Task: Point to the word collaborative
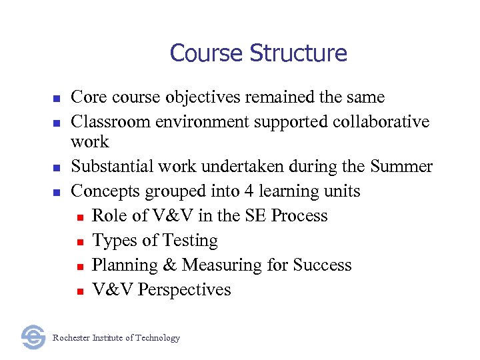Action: tap(382, 122)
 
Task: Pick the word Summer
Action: tap(401, 166)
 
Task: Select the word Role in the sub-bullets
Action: tap(108, 216)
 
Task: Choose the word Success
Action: tap(321, 265)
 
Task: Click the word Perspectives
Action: tap(185, 290)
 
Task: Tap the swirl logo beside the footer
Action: tap(33, 337)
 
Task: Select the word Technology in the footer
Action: tap(157, 338)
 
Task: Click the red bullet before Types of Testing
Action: tap(79, 241)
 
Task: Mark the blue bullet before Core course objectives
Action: tap(57, 98)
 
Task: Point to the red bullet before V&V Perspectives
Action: tap(79, 291)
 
